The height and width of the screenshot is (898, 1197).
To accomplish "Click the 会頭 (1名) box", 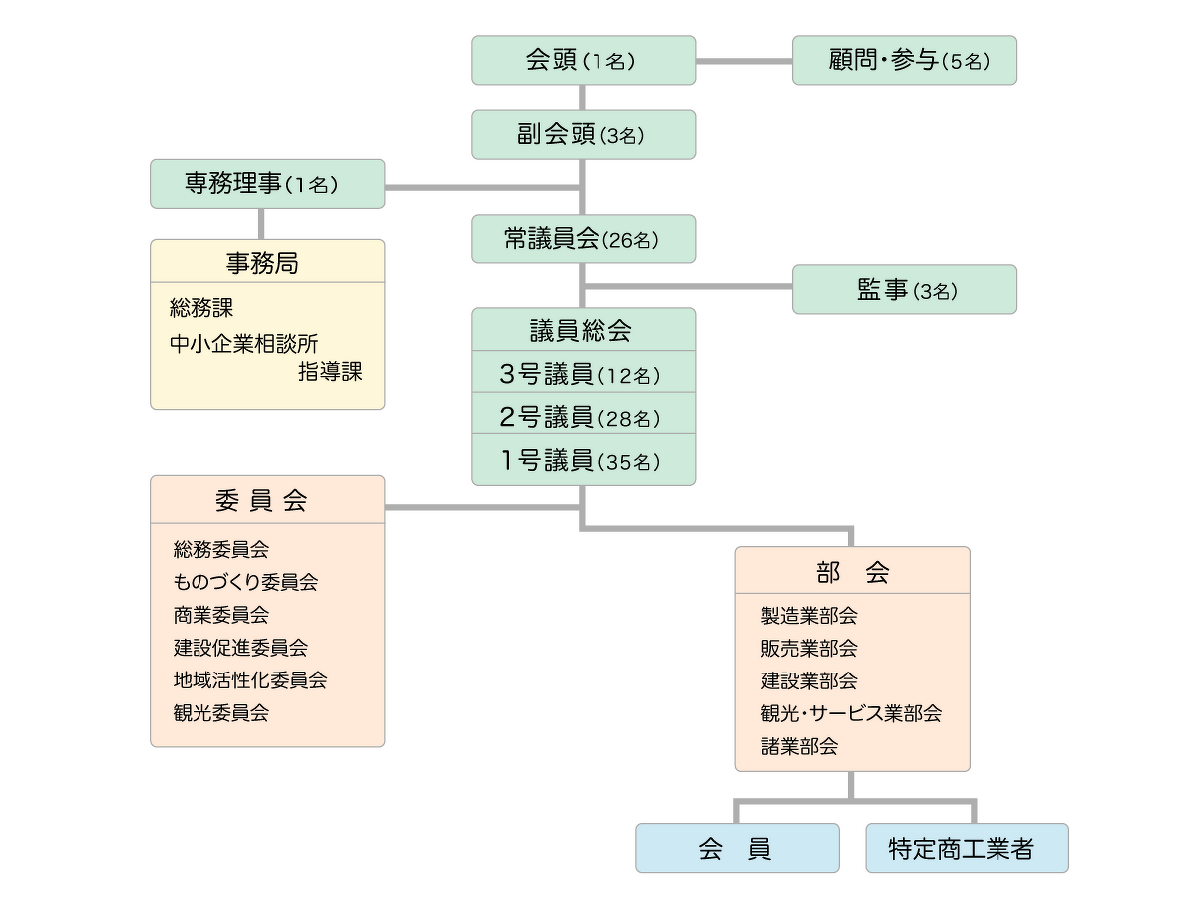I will pos(584,61).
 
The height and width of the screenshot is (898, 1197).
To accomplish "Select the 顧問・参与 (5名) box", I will pos(905,61).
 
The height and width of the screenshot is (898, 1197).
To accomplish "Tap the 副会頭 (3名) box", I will pos(584,135).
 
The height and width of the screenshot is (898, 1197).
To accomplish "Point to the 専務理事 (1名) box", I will pos(267,184).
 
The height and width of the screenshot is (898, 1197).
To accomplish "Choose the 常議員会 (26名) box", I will pos(584,239).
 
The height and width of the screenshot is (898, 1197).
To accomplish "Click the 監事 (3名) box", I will pos(905,290).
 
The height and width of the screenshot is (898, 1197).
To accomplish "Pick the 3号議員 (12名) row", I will pos(584,374).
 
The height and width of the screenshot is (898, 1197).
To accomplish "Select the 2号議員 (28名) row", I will pos(584,416).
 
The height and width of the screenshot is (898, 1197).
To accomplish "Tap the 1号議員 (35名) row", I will pos(584,460).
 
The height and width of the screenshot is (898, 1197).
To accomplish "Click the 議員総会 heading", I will pos(584,330).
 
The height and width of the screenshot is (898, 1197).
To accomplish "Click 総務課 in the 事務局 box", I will pos(201,309).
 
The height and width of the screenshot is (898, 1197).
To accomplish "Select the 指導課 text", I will pos(330,373).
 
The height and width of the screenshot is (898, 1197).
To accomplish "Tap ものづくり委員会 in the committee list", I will pos(245,582).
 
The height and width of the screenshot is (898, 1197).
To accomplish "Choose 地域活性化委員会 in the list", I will pos(250,680).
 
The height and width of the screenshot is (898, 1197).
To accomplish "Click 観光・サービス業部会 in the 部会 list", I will pos(851,713).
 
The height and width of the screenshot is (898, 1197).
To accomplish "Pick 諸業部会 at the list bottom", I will pos(799,746).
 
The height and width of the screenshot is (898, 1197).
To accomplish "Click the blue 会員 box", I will pos(737,849).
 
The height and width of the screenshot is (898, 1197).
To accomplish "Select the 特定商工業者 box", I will pos(967,849).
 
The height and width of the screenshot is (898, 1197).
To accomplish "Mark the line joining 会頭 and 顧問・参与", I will pos(744,61).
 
